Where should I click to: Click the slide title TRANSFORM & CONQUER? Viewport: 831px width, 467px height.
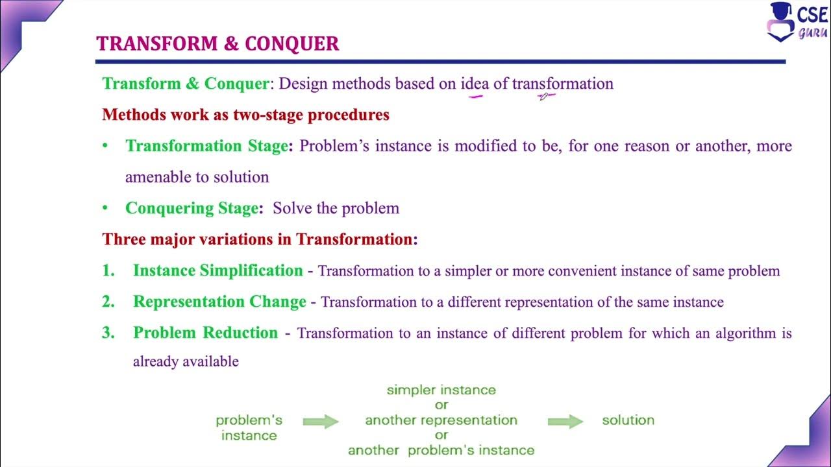click(x=217, y=43)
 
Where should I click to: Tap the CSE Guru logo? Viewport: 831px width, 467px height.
click(x=797, y=22)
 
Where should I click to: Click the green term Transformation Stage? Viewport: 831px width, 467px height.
click(x=206, y=146)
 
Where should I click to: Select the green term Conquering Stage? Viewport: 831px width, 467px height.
click(x=192, y=208)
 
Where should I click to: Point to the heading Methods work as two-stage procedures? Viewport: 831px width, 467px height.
click(x=245, y=115)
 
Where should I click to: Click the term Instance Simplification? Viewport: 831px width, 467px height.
click(x=217, y=270)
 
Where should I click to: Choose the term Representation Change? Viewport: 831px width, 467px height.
click(x=219, y=302)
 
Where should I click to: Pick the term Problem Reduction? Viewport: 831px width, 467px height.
click(x=205, y=333)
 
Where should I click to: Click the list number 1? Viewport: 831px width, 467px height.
click(x=108, y=270)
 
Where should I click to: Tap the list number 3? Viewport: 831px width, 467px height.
click(x=108, y=333)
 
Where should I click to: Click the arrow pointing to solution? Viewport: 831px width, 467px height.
click(x=565, y=422)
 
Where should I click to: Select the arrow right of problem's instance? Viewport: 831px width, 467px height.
click(x=321, y=422)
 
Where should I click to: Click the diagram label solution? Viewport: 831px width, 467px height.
click(x=628, y=420)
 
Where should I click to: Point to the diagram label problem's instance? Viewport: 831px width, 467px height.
click(x=249, y=427)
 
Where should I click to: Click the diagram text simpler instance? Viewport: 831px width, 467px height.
click(x=441, y=390)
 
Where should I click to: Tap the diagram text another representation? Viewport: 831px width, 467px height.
click(x=441, y=420)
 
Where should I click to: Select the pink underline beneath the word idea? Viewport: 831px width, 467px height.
click(x=476, y=97)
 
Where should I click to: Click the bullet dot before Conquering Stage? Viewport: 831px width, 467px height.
click(x=105, y=208)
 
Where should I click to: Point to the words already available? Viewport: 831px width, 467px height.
click(x=186, y=361)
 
